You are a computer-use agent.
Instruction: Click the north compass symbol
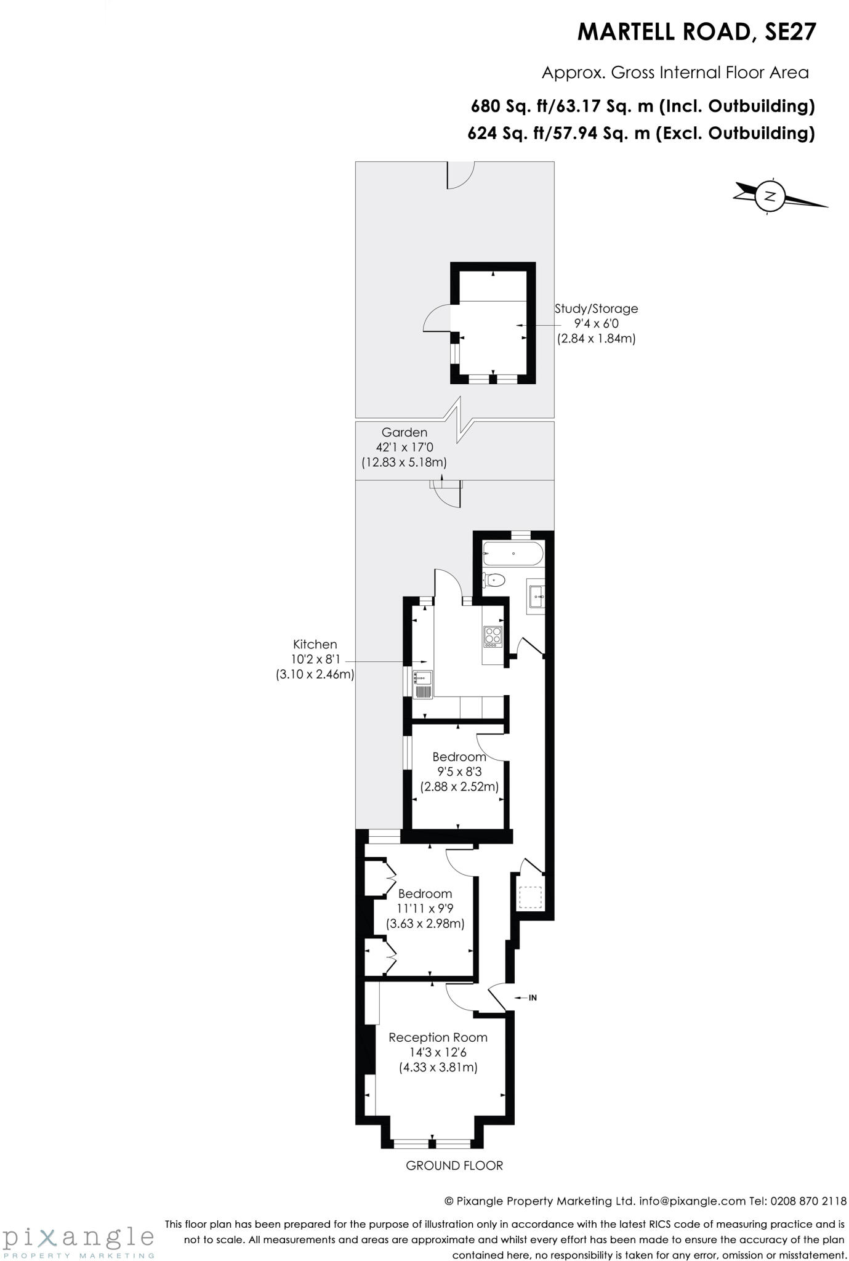[770, 196]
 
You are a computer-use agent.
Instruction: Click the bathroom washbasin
[536, 597]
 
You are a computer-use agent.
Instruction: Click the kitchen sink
[423, 684]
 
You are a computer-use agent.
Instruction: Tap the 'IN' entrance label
[533, 997]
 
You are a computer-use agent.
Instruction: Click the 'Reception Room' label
[438, 1037]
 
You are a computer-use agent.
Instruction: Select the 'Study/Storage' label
[596, 308]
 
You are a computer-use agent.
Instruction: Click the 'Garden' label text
[404, 432]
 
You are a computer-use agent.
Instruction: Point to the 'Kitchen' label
[315, 644]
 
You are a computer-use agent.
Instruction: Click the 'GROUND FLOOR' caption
[454, 1165]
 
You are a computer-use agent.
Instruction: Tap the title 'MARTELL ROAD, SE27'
[696, 32]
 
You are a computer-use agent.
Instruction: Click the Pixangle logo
[78, 1238]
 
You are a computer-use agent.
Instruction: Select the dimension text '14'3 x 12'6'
[438, 1052]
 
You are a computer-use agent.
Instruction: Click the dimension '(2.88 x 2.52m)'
[459, 786]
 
